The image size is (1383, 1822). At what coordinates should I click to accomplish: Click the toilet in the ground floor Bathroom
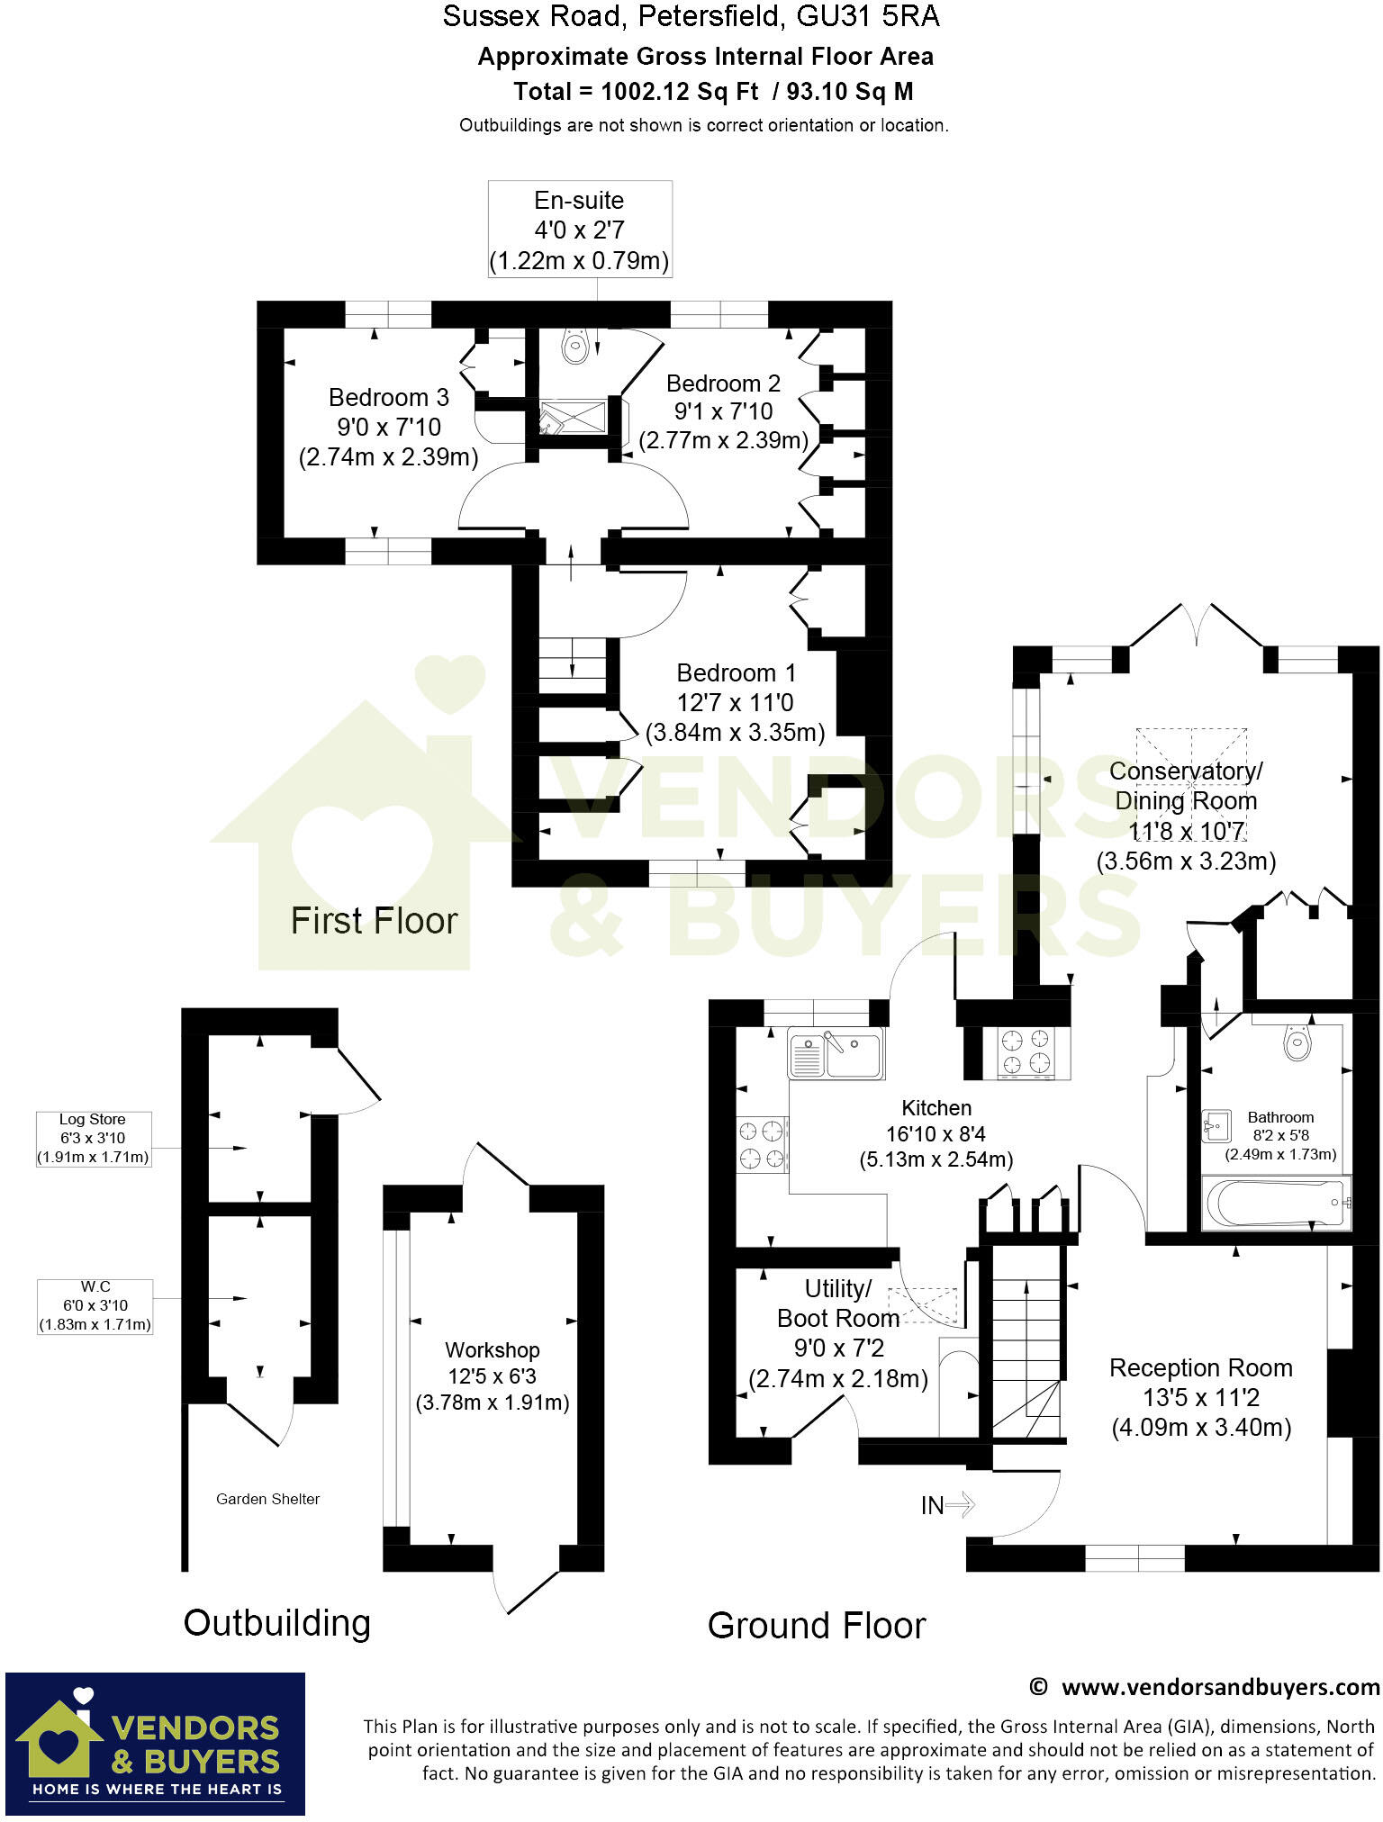tap(1297, 1043)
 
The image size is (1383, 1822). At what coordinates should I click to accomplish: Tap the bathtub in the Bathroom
tap(1276, 1203)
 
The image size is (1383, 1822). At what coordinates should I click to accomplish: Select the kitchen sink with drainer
tap(836, 1053)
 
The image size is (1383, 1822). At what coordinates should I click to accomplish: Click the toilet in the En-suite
tap(575, 345)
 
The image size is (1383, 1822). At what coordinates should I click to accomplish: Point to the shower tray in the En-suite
tap(573, 419)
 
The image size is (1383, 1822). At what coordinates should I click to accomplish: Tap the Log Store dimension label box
tap(93, 1139)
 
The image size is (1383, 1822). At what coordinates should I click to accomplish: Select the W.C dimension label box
tap(95, 1305)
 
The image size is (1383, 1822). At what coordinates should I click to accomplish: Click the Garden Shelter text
tap(267, 1499)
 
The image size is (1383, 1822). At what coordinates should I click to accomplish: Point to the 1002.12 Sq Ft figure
tap(678, 91)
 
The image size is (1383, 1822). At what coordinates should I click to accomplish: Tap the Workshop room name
tap(492, 1350)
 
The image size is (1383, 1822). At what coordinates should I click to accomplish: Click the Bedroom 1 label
tap(736, 673)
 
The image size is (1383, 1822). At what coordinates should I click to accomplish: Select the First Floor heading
tap(374, 921)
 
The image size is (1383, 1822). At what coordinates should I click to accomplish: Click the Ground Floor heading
tap(816, 1626)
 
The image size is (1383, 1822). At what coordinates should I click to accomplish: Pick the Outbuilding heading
tap(276, 1623)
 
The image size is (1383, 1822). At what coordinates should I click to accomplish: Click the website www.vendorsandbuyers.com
tap(1219, 1687)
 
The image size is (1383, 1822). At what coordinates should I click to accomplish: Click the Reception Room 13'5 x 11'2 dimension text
tap(1200, 1398)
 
